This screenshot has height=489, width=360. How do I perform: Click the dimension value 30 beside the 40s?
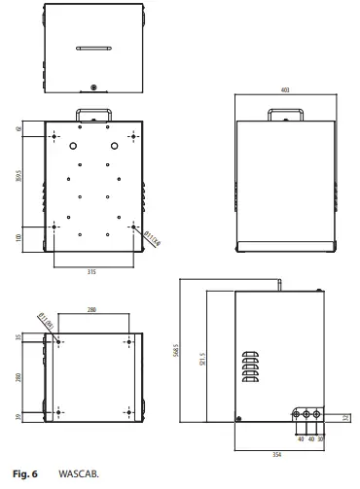[x=320, y=438]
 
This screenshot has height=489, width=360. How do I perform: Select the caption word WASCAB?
[x=86, y=474]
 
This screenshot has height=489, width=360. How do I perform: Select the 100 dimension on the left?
[x=19, y=237]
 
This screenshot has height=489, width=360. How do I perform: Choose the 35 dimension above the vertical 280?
[x=19, y=337]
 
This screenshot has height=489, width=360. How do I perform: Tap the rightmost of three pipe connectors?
[x=320, y=414]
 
